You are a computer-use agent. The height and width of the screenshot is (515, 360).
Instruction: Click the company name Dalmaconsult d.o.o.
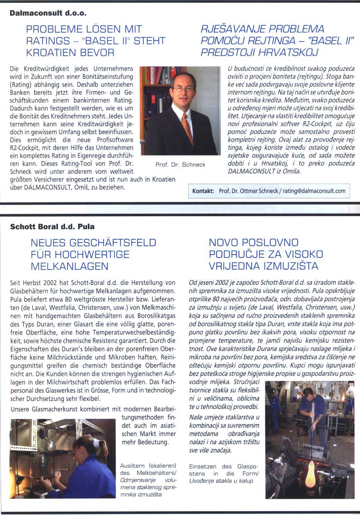click(48, 14)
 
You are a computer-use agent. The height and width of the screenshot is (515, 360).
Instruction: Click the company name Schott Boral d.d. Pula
click(52, 227)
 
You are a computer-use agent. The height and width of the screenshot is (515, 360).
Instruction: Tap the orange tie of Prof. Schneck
click(187, 126)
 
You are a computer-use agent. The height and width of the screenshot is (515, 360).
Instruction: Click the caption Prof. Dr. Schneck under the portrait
click(180, 165)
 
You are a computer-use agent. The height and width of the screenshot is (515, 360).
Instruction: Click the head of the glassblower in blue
click(307, 399)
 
